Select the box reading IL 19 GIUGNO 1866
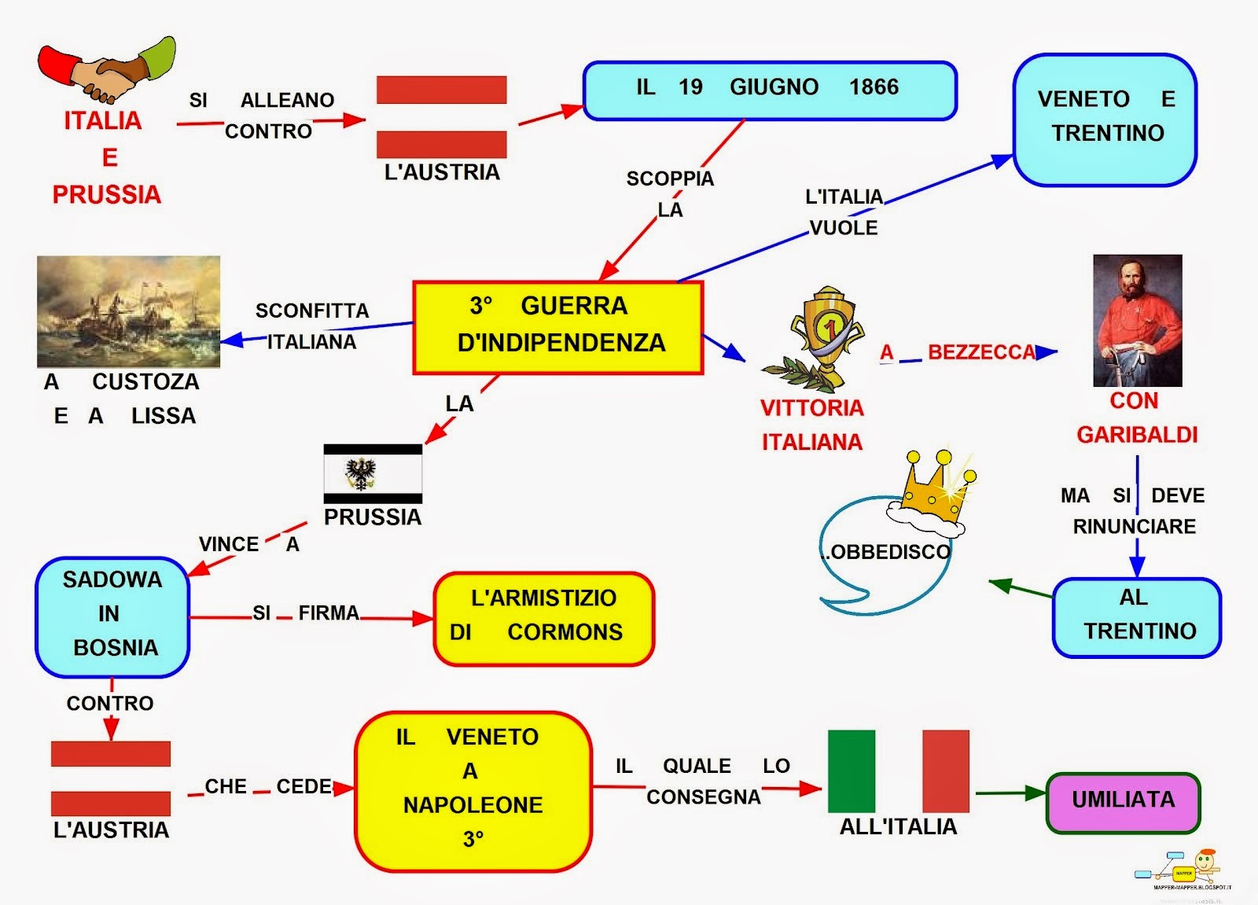(x=769, y=90)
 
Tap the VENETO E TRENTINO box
(x=1105, y=120)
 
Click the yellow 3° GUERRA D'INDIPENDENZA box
(x=557, y=326)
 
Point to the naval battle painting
(x=128, y=311)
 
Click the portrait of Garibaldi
(x=1137, y=320)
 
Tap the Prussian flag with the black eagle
(x=373, y=473)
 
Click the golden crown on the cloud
(x=932, y=487)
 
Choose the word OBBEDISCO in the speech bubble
(x=888, y=552)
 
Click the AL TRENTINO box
(x=1136, y=616)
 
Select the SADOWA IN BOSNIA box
(x=112, y=616)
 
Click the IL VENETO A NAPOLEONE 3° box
(x=473, y=790)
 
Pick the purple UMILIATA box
(x=1123, y=801)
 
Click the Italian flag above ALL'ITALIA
(x=898, y=771)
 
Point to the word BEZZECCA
(x=981, y=352)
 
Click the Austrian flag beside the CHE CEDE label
(x=111, y=778)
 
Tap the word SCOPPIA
(x=670, y=178)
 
